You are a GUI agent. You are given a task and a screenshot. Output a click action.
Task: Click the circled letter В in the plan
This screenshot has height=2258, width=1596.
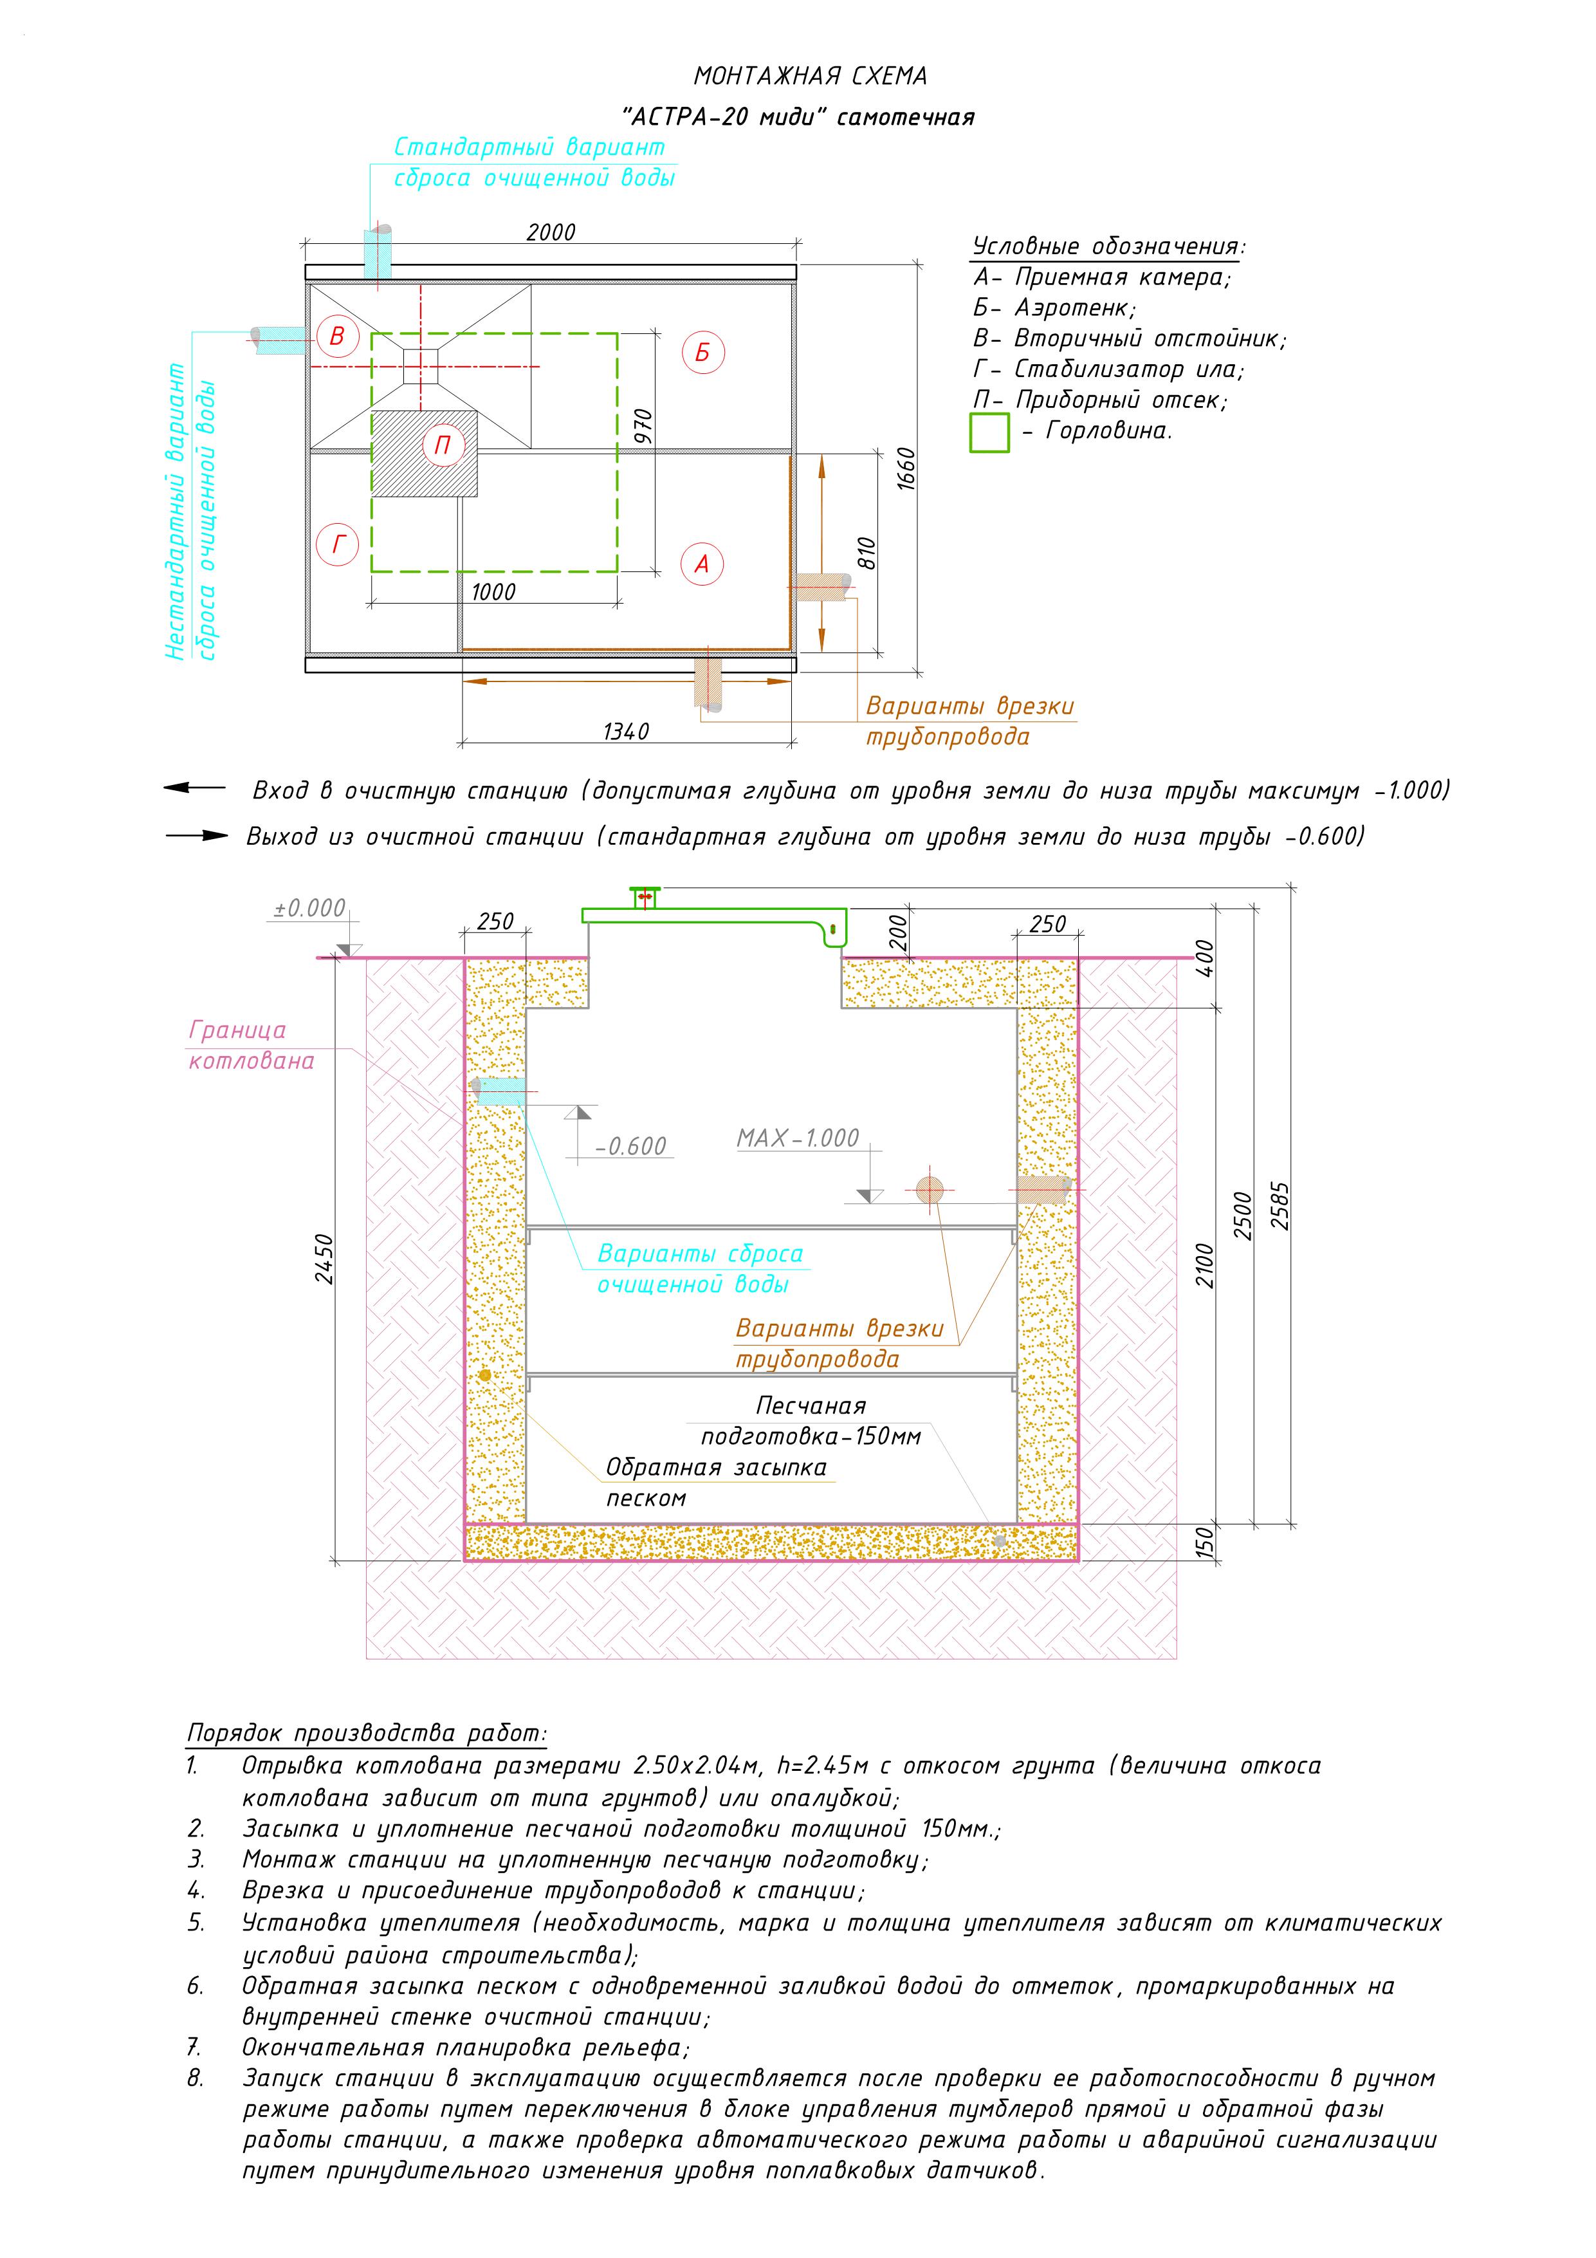337,337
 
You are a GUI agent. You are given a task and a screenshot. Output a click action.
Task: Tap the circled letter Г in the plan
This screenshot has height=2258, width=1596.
338,544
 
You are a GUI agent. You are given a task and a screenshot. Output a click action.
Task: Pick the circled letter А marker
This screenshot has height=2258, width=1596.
702,564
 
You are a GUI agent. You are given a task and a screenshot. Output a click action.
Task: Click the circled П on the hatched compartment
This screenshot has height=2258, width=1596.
443,445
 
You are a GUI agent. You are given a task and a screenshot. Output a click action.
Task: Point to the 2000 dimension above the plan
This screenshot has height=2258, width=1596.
551,233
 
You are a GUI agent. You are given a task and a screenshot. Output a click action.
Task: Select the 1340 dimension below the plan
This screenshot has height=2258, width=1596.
627,732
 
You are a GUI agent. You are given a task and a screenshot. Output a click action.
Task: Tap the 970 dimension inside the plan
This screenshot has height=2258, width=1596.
643,427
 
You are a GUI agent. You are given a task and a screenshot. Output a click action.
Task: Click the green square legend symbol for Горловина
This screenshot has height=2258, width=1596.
989,432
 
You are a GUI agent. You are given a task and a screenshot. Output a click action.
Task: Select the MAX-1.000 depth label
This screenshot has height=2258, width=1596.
798,1138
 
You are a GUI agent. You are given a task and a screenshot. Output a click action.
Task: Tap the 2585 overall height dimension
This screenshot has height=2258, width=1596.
1280,1206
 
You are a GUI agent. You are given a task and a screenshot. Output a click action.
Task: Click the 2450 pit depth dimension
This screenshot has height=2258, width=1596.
324,1259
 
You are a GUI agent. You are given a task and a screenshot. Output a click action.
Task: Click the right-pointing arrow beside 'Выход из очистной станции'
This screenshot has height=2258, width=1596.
197,836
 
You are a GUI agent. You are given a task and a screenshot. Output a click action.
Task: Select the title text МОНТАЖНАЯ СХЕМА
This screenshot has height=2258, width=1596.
811,76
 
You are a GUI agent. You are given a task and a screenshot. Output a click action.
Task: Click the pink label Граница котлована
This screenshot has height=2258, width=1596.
252,1046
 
